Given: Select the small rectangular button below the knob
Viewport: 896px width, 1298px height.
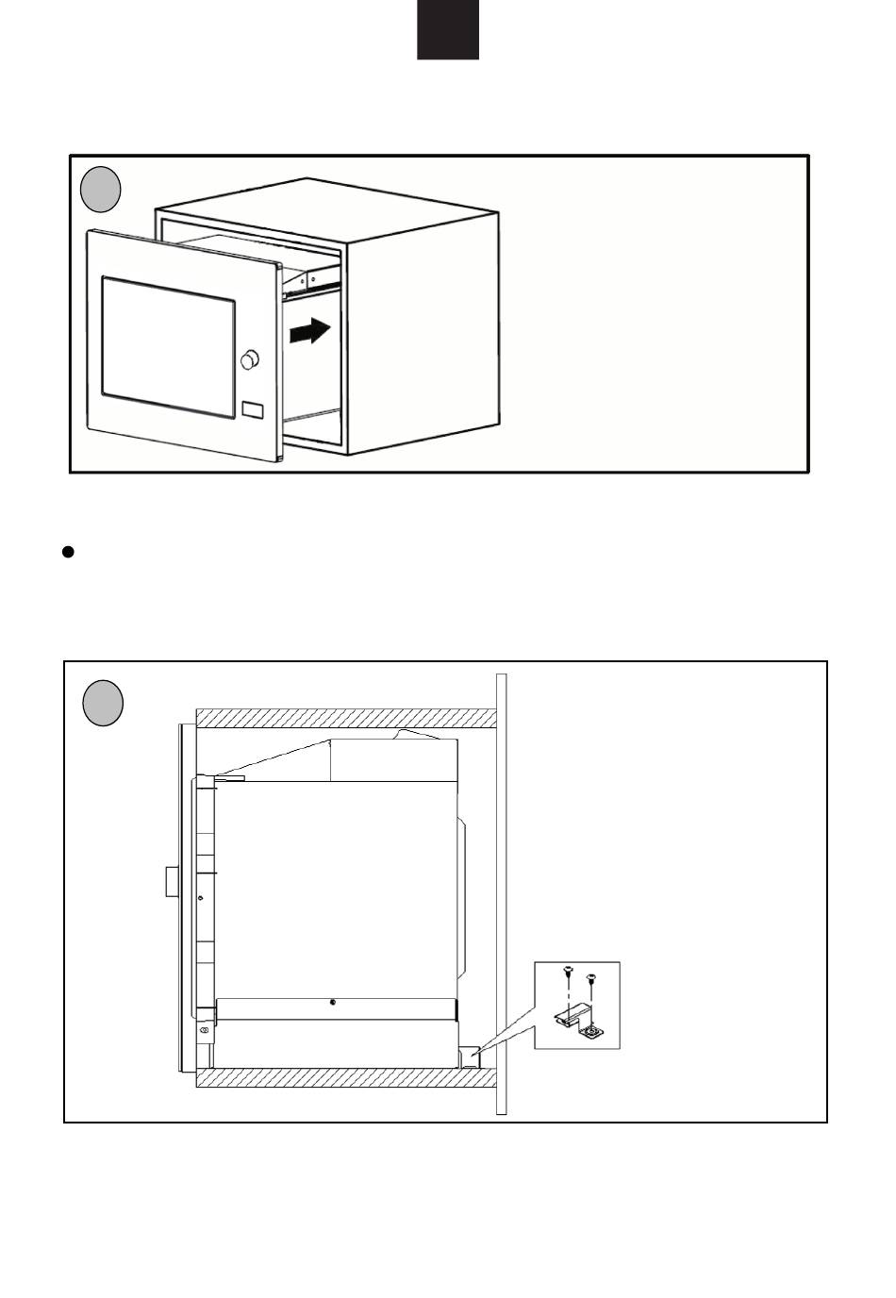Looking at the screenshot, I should (x=253, y=410).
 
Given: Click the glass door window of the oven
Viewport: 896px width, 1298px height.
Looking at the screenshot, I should (x=168, y=347).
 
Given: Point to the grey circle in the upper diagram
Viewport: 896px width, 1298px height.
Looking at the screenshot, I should (x=100, y=190).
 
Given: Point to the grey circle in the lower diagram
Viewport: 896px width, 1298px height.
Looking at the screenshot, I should (x=103, y=704).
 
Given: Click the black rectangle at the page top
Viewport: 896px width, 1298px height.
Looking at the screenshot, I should (x=448, y=29).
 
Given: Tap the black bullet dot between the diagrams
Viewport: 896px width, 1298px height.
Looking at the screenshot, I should (x=68, y=552).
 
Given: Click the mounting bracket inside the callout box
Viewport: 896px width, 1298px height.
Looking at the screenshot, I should (x=577, y=1023).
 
